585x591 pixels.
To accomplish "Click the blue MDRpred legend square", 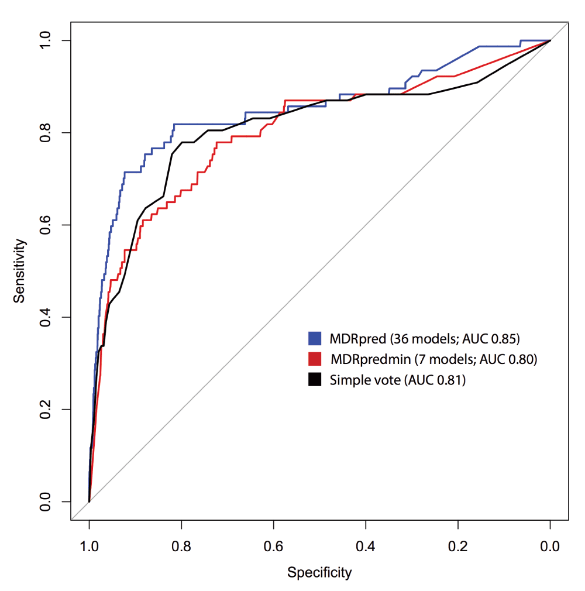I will click(315, 338).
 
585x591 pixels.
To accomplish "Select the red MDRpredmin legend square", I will click(315, 359).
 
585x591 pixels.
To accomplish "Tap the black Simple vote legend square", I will click(315, 380).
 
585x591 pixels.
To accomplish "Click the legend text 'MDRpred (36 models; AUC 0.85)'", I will click(425, 338).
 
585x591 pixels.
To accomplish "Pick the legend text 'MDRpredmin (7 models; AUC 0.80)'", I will click(433, 359).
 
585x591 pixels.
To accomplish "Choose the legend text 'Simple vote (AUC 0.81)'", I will click(397, 380).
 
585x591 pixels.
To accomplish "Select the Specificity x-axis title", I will click(319, 572).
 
